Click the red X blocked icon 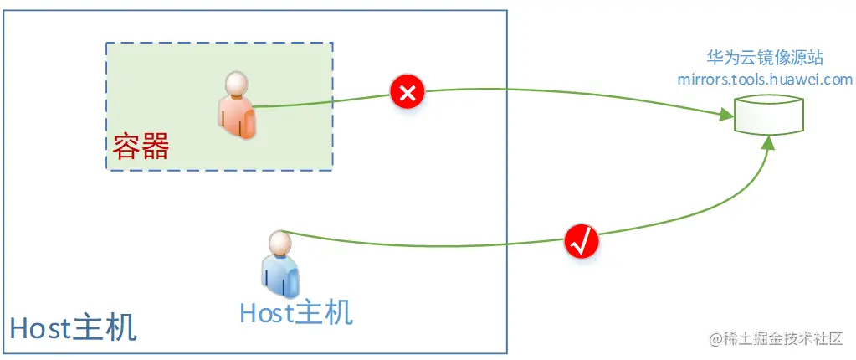click(x=407, y=92)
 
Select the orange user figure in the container click(x=237, y=106)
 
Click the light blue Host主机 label click(x=295, y=312)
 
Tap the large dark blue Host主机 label click(x=73, y=328)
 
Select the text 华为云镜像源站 click(x=765, y=59)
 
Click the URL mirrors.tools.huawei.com click(x=765, y=80)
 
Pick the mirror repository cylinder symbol click(x=768, y=115)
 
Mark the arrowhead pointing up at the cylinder click(x=768, y=142)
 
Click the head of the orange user click(x=236, y=84)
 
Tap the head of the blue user click(x=279, y=243)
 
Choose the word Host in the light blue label click(x=266, y=312)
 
